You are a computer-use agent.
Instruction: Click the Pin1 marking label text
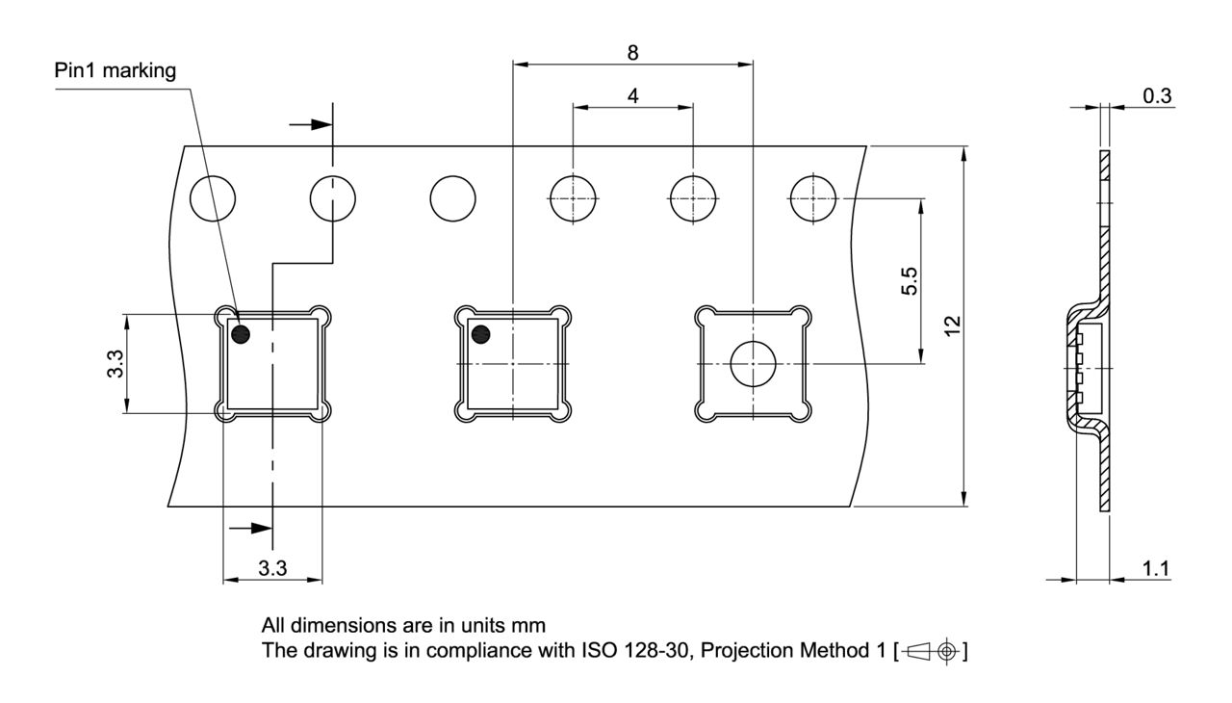point(115,71)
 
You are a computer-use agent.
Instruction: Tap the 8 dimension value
point(632,53)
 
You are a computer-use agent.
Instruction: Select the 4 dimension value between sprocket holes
point(632,96)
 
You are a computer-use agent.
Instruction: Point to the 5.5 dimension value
point(910,281)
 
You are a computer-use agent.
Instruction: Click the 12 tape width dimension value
point(952,325)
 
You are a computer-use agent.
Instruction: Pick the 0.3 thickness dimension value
point(1157,96)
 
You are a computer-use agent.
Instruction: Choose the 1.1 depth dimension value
point(1156,568)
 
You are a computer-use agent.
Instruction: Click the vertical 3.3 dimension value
point(115,364)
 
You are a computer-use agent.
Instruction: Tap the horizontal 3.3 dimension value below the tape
point(272,568)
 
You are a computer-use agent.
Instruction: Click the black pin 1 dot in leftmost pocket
point(241,334)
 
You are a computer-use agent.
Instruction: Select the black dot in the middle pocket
point(480,334)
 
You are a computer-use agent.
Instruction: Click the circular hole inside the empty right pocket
point(753,364)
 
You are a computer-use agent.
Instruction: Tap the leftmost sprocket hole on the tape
point(213,198)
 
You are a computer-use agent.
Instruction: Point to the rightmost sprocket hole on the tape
point(813,198)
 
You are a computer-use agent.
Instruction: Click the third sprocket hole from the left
point(452,198)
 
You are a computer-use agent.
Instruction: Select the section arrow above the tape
point(311,125)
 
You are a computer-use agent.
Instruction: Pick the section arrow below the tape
point(250,529)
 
